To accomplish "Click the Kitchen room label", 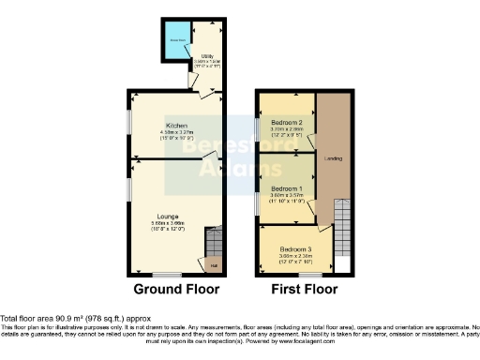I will click(177, 125).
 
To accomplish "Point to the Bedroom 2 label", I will click(286, 123).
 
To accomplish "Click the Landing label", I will click(332, 158).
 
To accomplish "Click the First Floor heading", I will click(306, 290).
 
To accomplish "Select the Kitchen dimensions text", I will click(177, 136).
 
